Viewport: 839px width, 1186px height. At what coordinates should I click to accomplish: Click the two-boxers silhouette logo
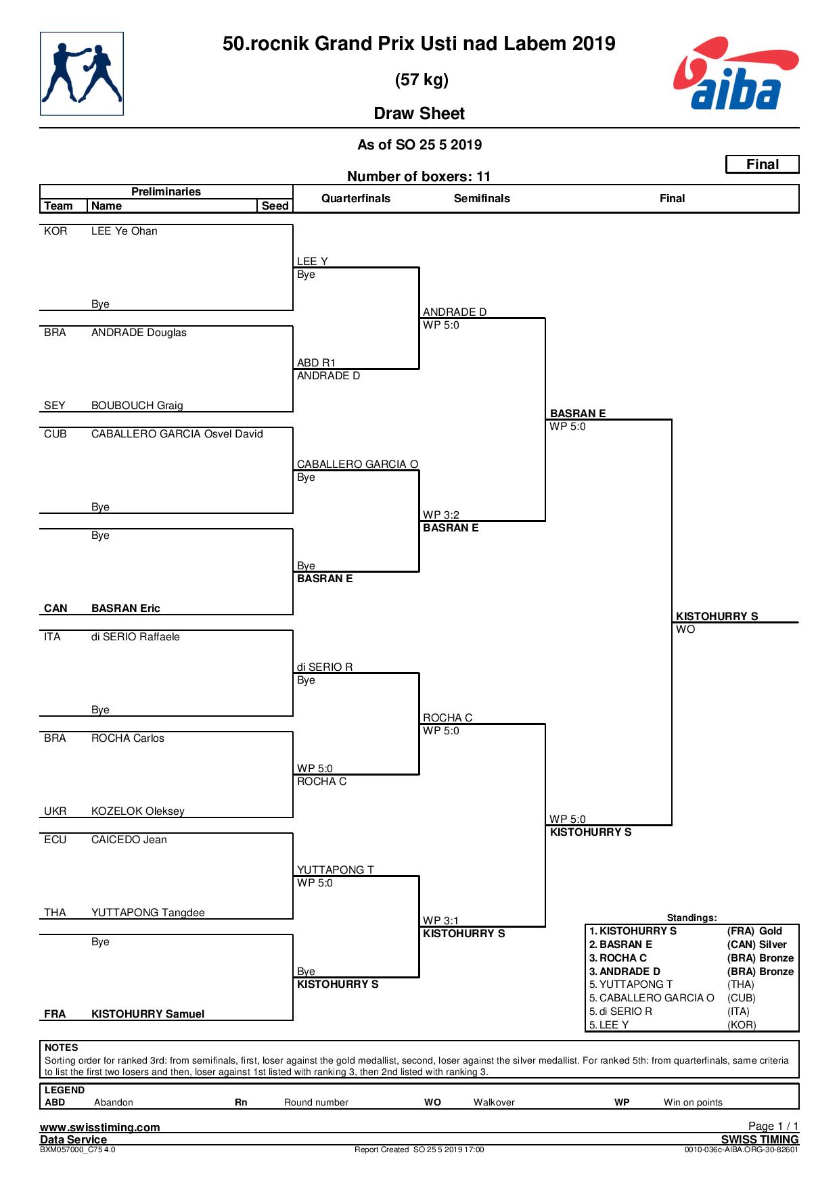click(82, 74)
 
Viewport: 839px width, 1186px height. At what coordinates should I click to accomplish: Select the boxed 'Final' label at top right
click(763, 164)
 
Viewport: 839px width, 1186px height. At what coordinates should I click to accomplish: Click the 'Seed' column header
click(275, 206)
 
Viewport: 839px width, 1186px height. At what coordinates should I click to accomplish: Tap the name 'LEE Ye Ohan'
click(124, 231)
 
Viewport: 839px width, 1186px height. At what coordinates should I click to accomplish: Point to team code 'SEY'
click(55, 406)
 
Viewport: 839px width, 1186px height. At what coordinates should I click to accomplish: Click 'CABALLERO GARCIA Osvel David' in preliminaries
click(177, 434)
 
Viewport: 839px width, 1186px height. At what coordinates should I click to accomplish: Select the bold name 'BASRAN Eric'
click(126, 609)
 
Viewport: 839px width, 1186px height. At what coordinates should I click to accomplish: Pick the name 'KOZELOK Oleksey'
click(138, 811)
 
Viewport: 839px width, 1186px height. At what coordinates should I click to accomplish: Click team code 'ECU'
click(55, 840)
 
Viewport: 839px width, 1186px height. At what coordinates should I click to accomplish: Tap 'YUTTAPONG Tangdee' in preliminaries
click(148, 913)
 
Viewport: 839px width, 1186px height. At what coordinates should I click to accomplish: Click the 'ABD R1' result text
click(317, 363)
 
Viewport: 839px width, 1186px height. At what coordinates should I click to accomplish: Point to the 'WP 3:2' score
click(441, 515)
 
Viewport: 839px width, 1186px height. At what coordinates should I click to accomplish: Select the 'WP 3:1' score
click(441, 921)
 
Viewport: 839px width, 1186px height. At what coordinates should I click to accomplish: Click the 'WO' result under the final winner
click(685, 630)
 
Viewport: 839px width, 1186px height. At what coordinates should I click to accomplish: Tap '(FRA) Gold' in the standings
click(754, 931)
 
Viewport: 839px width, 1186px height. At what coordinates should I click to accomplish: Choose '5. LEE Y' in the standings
click(609, 1025)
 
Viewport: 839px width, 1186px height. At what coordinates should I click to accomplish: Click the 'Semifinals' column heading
click(482, 199)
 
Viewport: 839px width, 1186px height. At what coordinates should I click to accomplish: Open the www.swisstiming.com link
click(100, 1127)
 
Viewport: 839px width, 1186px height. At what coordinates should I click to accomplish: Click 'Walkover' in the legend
click(494, 1103)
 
